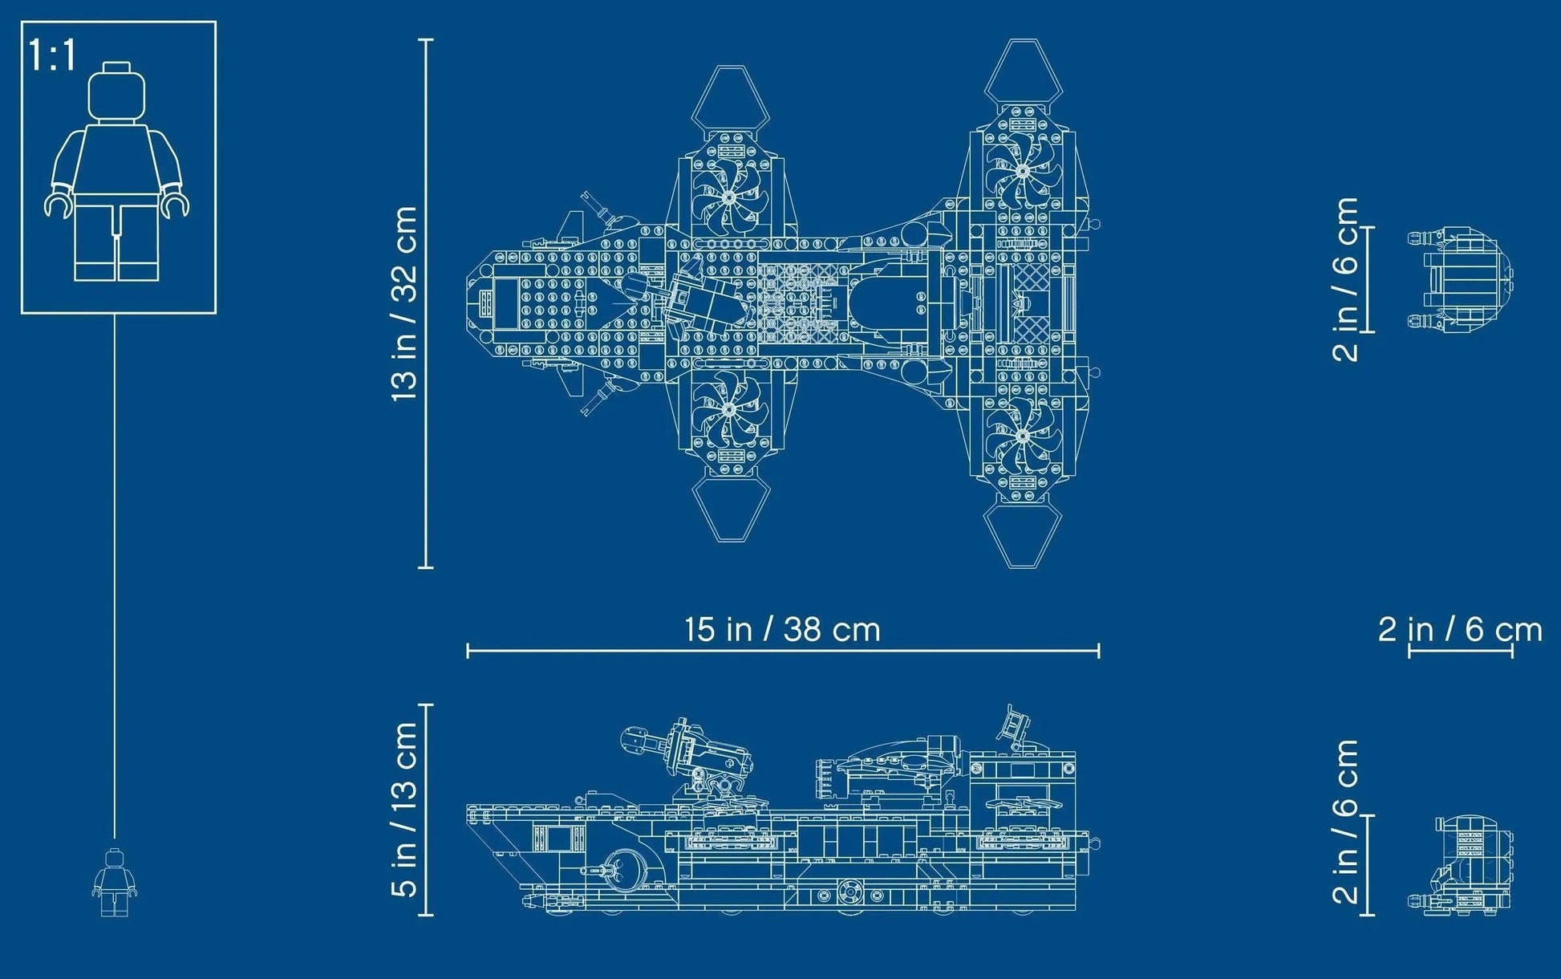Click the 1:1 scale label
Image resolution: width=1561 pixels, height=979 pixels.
52,56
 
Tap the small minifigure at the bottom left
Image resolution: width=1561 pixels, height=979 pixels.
114,883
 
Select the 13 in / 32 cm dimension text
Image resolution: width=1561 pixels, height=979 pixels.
405,303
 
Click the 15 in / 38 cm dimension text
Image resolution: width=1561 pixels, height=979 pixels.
782,629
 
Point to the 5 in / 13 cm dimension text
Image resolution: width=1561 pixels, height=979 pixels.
405,809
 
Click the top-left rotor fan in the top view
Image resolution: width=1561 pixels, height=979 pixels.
728,198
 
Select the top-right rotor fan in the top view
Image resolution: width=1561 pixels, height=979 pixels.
1023,170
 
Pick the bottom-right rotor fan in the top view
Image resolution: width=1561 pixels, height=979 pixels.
1023,436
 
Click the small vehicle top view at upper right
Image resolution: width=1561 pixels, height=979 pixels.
1460,279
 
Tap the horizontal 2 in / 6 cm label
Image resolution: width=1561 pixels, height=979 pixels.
1460,630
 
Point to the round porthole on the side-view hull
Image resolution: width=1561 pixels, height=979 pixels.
618,867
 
